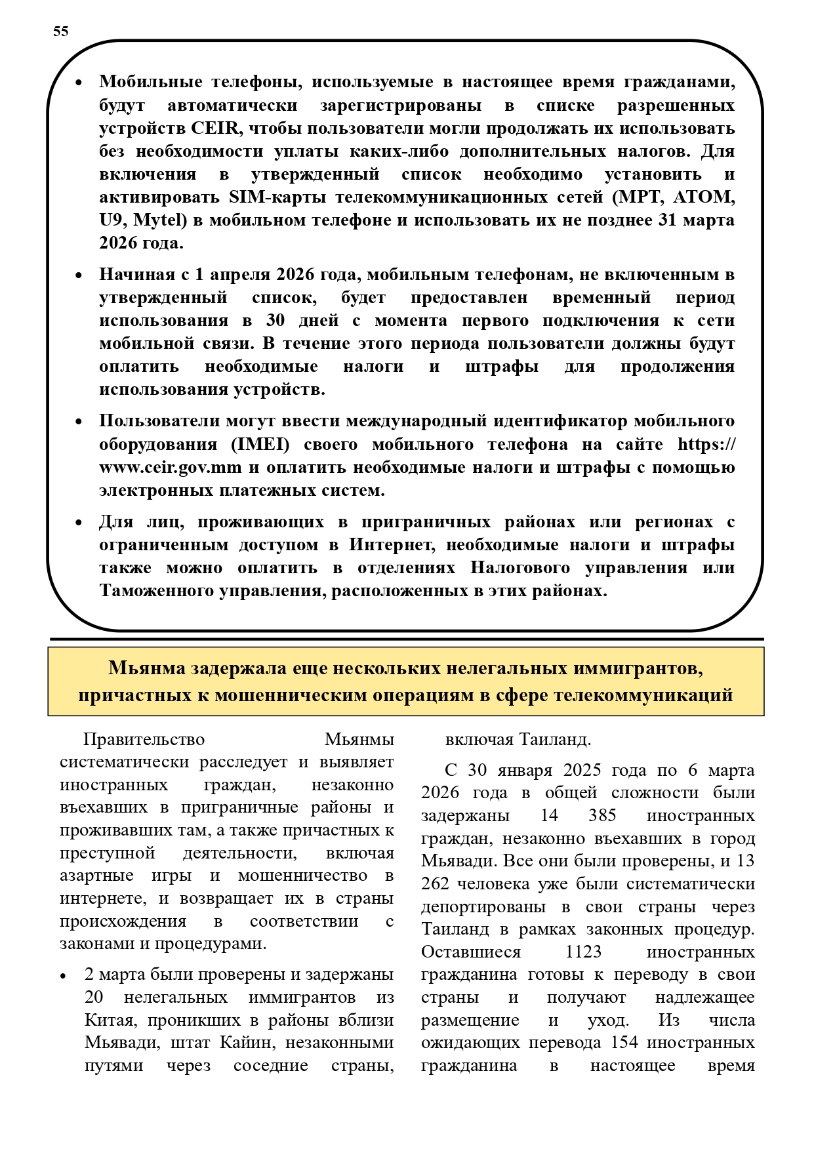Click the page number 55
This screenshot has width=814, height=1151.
coord(60,31)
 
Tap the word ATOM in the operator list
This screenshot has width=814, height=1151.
coord(706,197)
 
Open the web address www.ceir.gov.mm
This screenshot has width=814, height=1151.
coord(171,468)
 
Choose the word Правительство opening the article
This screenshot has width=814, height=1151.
coord(144,740)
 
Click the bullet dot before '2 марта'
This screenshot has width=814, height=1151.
coord(64,976)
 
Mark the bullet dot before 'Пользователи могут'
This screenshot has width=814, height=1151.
coord(78,422)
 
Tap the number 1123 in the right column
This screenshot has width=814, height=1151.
coord(583,952)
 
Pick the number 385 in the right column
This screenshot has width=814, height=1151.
coord(603,815)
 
